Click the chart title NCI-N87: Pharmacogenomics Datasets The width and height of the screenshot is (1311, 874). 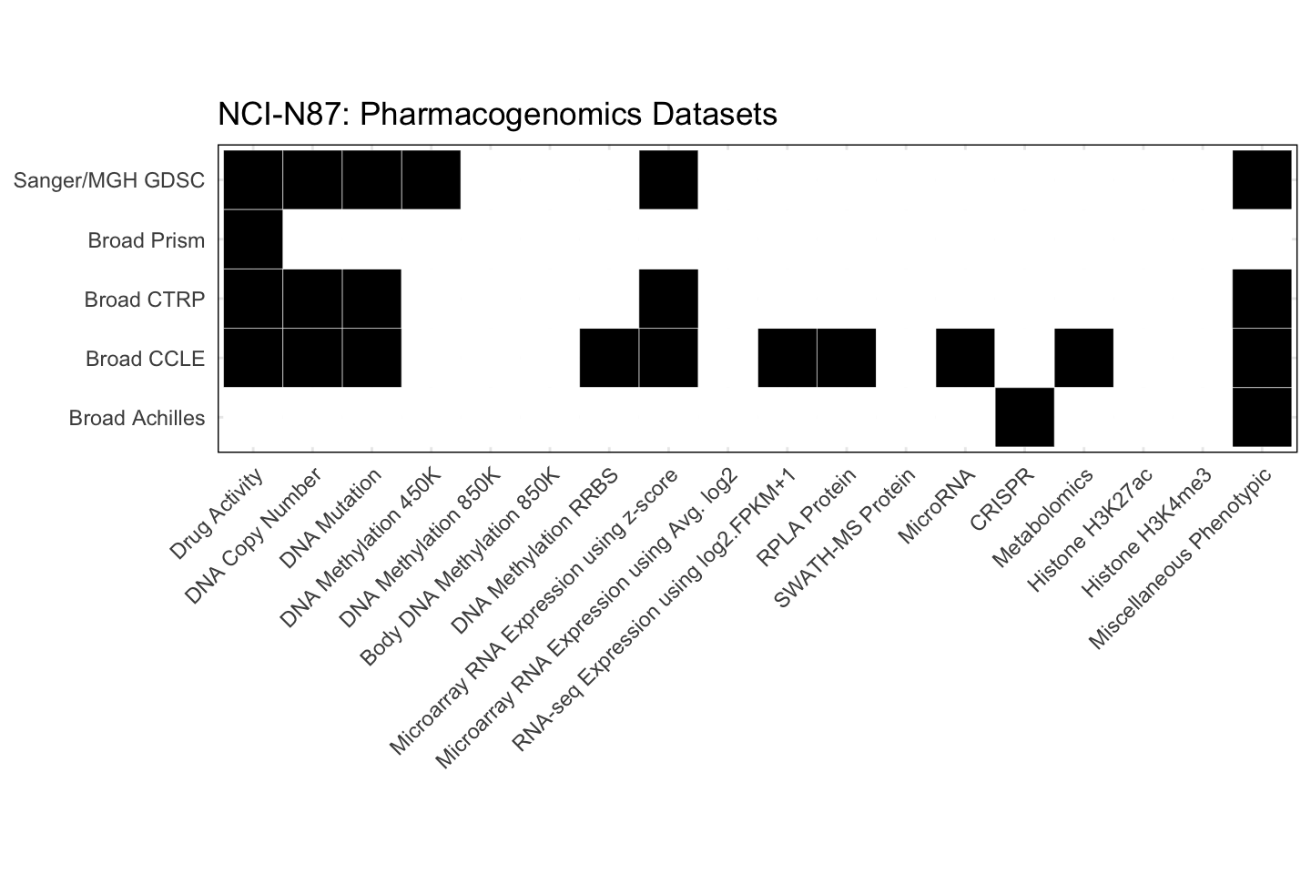click(497, 115)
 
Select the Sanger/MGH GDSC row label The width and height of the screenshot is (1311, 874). click(109, 180)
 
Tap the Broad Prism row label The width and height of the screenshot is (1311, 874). click(146, 240)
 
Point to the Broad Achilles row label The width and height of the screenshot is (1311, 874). click(137, 418)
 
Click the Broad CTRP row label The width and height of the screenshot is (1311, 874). click(144, 300)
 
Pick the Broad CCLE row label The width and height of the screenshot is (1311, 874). click(145, 359)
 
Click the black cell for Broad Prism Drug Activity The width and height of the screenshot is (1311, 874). click(253, 239)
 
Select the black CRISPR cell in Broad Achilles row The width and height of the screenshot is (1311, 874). click(1024, 417)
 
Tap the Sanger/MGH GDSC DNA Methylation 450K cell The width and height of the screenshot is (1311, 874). click(431, 180)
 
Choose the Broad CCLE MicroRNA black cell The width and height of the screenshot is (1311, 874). click(965, 358)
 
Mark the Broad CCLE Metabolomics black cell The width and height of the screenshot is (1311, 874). click(1083, 358)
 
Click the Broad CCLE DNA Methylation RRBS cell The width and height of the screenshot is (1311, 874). click(609, 358)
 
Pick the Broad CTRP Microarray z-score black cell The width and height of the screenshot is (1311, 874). click(668, 299)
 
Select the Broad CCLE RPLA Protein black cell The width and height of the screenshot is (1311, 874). click(847, 358)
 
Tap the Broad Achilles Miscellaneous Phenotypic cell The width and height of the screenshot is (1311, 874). click(1262, 417)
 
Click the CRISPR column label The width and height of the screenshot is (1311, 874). click(1002, 500)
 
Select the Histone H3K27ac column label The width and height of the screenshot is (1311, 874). click(1090, 529)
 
